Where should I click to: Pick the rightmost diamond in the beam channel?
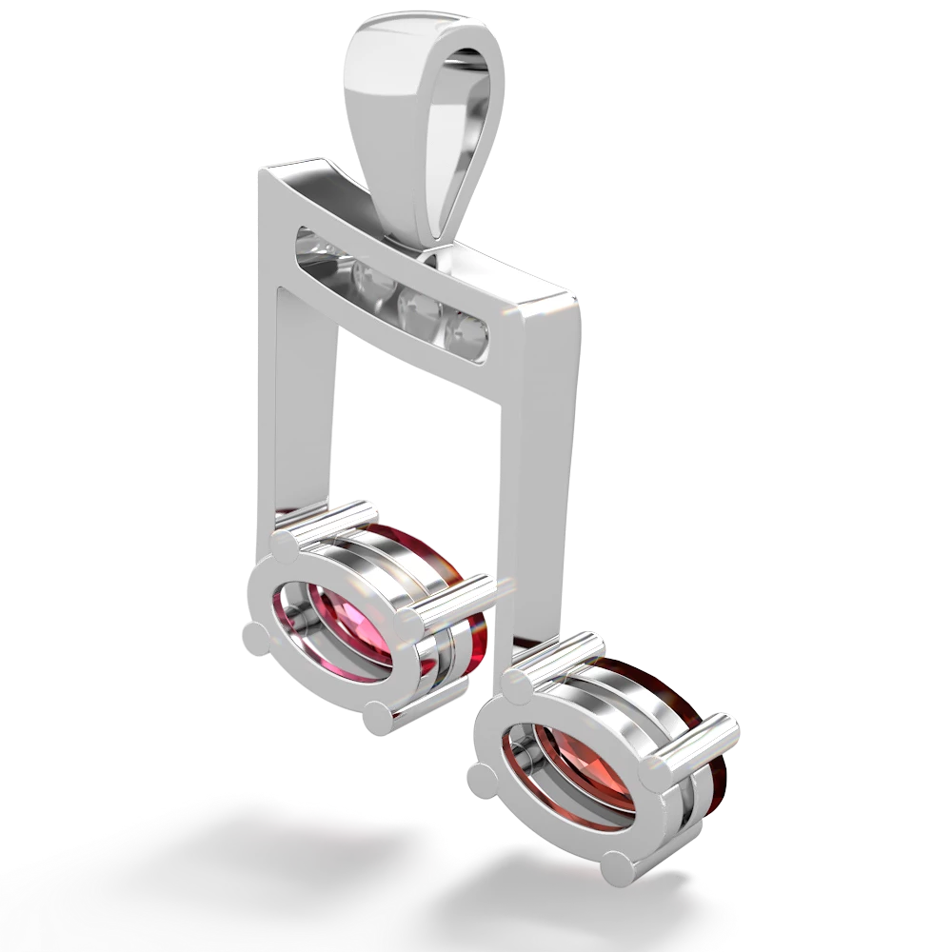click(x=468, y=332)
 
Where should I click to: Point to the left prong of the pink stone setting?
click(x=255, y=632)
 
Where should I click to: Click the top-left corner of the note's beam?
click(x=257, y=171)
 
